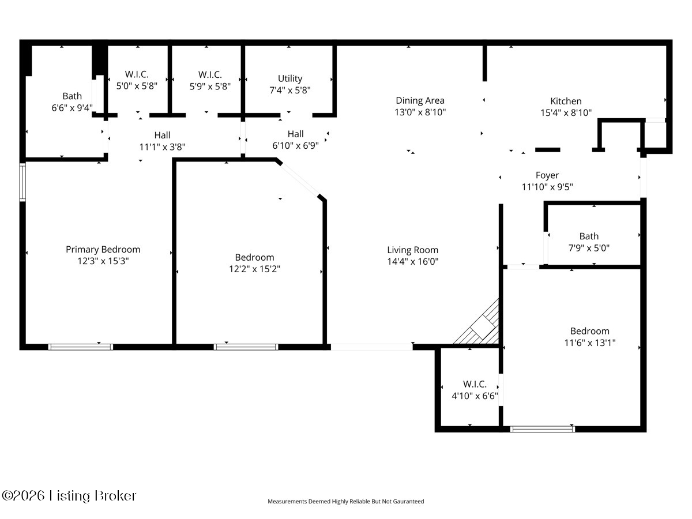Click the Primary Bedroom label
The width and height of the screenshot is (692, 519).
103,250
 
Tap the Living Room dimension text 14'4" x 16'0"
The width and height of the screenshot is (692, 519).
413,262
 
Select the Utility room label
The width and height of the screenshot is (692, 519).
290,78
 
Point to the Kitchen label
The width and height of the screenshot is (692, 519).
566,101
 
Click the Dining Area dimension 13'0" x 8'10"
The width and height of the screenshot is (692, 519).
420,112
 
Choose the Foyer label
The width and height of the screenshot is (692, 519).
547,175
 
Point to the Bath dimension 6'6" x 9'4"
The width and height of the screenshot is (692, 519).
72,108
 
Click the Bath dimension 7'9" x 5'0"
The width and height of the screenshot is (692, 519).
589,249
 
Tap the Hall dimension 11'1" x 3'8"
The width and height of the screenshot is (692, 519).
163,147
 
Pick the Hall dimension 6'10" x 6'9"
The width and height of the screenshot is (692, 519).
296,146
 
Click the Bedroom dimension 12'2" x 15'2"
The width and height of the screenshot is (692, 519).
255,269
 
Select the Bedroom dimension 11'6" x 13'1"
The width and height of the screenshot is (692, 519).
590,343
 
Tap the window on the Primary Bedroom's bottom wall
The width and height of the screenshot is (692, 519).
81,347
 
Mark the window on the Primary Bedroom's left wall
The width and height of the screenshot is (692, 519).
22,182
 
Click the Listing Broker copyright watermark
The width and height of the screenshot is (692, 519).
69,496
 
